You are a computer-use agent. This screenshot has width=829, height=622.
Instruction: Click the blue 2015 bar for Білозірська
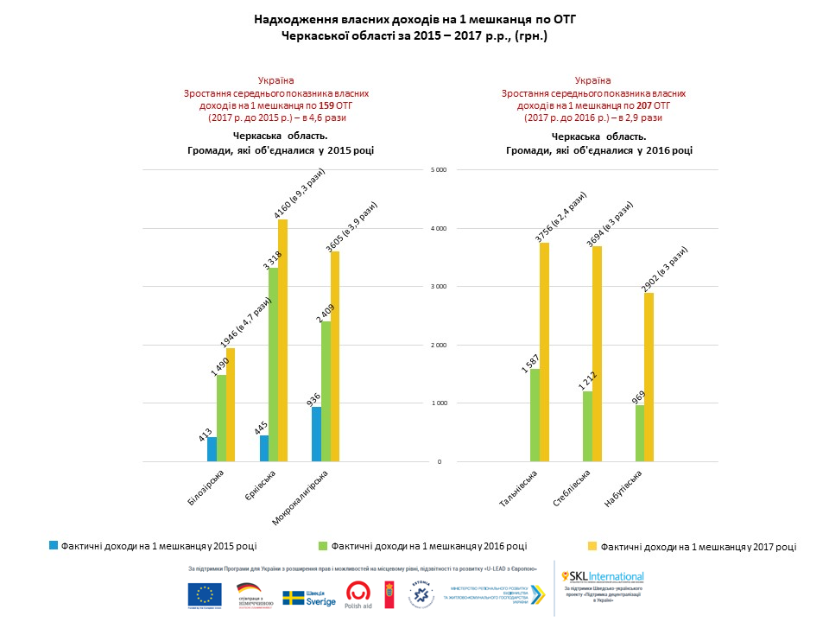point(212,449)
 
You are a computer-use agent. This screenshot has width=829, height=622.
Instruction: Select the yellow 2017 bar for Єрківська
point(282,340)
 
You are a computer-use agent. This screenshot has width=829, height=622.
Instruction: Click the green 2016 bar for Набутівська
point(640,433)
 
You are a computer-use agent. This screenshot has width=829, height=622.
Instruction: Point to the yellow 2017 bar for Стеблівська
point(597,353)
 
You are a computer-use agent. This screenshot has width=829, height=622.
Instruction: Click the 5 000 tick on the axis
point(438,170)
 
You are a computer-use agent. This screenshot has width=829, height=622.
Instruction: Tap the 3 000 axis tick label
point(438,287)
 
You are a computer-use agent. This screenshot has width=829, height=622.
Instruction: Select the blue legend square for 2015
point(54,545)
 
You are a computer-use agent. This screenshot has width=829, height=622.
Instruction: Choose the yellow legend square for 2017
point(592,546)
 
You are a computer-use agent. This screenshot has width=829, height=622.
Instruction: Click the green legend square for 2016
point(323,545)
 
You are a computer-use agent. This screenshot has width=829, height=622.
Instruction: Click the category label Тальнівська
point(519,489)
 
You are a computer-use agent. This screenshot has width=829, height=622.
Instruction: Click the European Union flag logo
point(204,594)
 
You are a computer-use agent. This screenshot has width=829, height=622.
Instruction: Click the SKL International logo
point(603,576)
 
